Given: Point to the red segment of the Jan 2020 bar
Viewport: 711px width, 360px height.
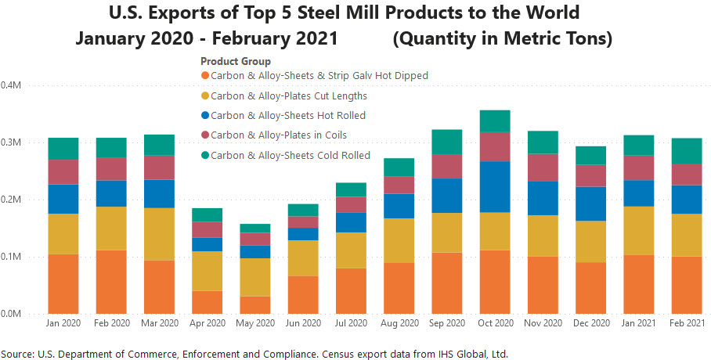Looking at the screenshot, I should [63, 171].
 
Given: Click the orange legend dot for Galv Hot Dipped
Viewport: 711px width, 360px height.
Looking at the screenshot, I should [206, 76].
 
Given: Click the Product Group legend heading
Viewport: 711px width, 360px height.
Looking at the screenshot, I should [236, 61].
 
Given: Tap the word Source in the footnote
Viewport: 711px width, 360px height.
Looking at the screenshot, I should [17, 352].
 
